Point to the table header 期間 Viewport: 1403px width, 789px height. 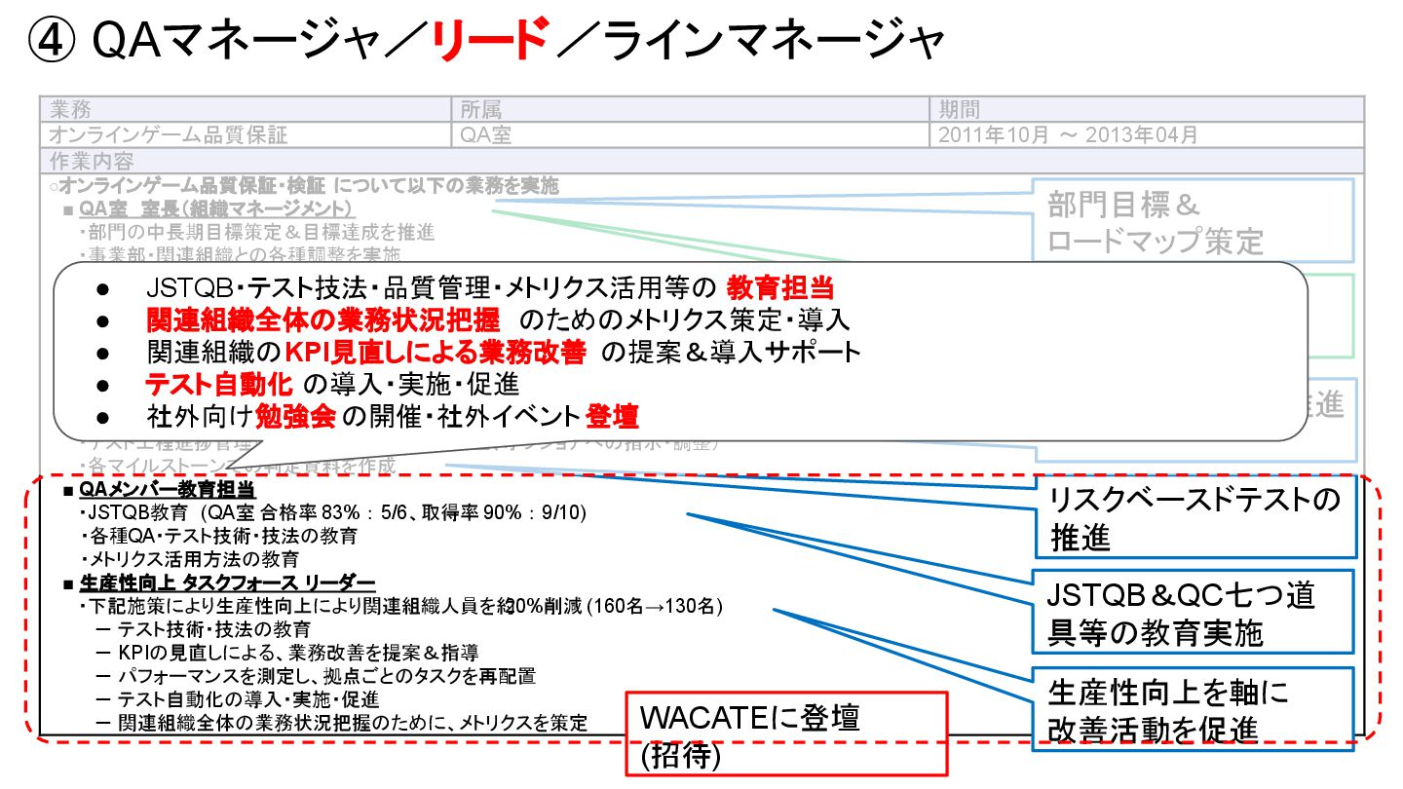pyautogui.click(x=959, y=109)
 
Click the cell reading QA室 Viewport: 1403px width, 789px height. pyautogui.click(x=485, y=135)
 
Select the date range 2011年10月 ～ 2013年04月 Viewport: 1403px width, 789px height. pyautogui.click(x=1068, y=135)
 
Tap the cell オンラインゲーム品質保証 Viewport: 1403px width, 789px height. pyautogui.click(x=169, y=135)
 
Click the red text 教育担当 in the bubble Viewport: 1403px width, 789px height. pyautogui.click(x=780, y=288)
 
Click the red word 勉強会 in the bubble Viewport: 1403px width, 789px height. pyautogui.click(x=295, y=417)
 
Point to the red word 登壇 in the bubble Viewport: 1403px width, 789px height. pyautogui.click(x=612, y=417)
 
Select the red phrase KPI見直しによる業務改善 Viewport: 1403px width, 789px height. pyautogui.click(x=436, y=352)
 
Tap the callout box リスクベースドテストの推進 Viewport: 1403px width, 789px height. pyautogui.click(x=1194, y=517)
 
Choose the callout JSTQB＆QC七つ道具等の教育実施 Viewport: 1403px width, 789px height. pyautogui.click(x=1194, y=612)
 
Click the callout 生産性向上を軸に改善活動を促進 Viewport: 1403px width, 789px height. pyautogui.click(x=1194, y=709)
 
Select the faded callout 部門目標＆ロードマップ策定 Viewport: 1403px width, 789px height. pyautogui.click(x=1193, y=222)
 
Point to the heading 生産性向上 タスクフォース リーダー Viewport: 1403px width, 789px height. pyautogui.click(x=226, y=582)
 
